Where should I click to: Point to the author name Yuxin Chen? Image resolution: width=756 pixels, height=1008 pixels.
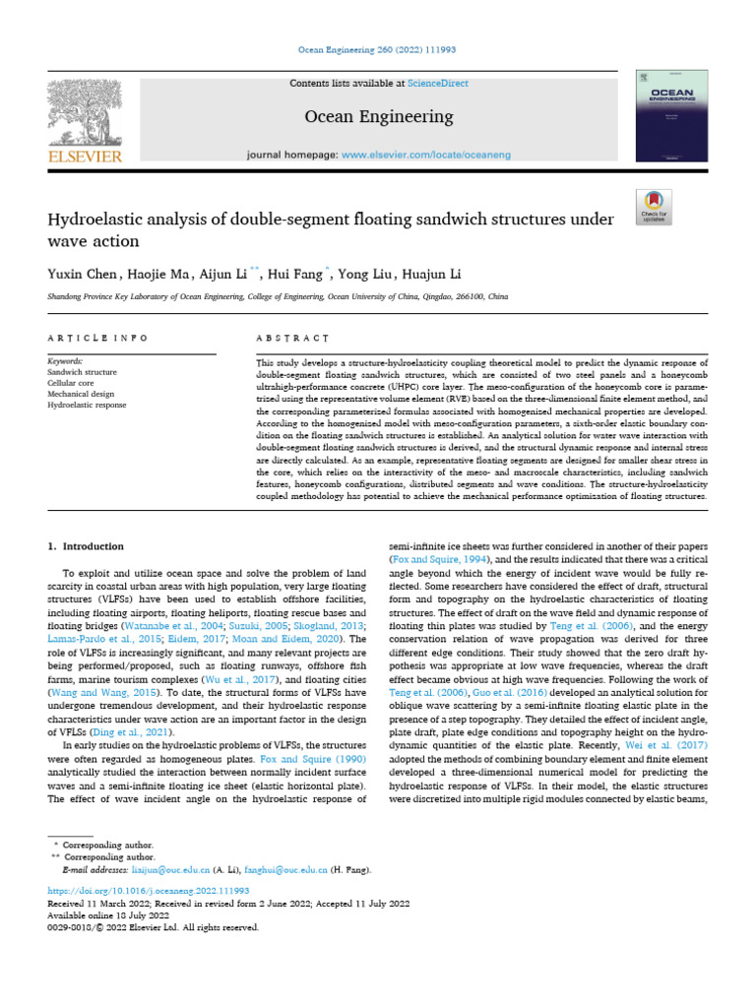click(84, 273)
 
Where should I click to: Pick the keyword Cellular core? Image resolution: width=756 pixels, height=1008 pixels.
click(73, 383)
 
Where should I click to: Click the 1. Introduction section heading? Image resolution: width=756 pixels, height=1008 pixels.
click(87, 546)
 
